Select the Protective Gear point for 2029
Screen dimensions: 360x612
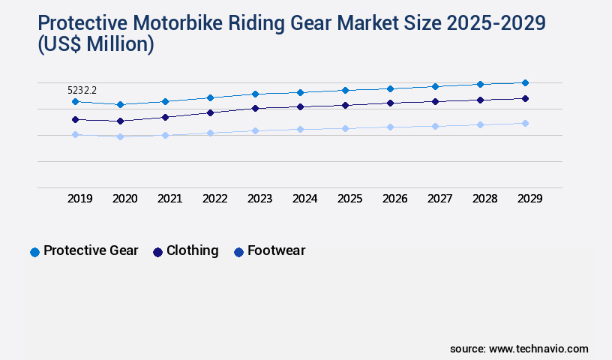pyautogui.click(x=525, y=82)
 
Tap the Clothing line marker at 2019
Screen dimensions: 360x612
pyautogui.click(x=75, y=119)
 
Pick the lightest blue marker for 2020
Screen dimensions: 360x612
pyautogui.click(x=120, y=136)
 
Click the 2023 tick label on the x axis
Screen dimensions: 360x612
pyautogui.click(x=259, y=199)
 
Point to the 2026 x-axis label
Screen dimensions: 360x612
pyautogui.click(x=394, y=199)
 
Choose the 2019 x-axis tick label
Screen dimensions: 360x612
pyautogui.click(x=79, y=199)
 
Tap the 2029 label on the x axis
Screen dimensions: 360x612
pyautogui.click(x=529, y=199)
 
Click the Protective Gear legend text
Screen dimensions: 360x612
pyautogui.click(x=91, y=250)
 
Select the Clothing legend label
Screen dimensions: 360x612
pyautogui.click(x=192, y=250)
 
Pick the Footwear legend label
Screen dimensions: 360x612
pyautogui.click(x=276, y=250)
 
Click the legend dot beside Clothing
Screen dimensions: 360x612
pyautogui.click(x=157, y=252)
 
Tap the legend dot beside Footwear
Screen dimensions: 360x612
pyautogui.click(x=238, y=252)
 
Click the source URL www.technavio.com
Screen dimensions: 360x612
pyautogui.click(x=538, y=349)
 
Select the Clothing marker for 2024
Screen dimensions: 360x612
pyautogui.click(x=300, y=106)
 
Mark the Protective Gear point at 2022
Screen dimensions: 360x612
pyautogui.click(x=210, y=97)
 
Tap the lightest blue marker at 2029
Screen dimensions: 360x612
pyautogui.click(x=525, y=123)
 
